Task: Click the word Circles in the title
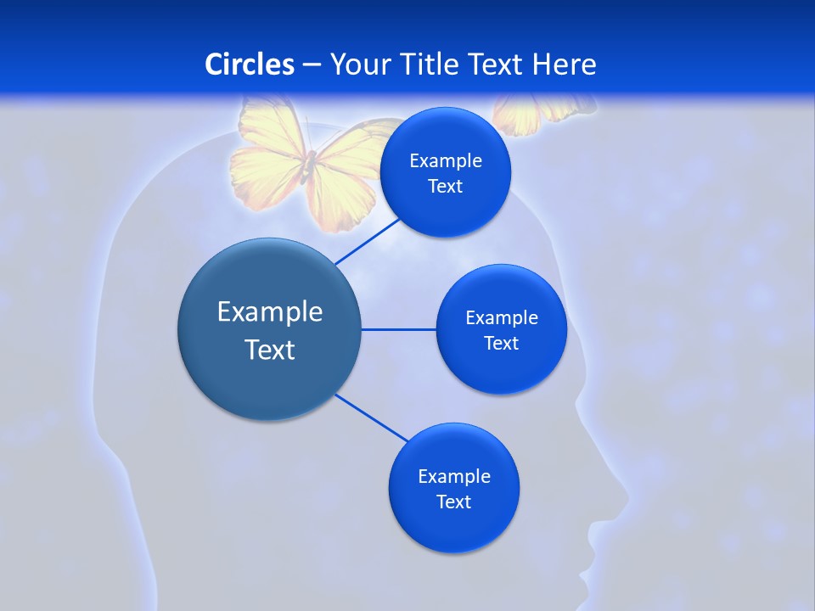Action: pyautogui.click(x=250, y=64)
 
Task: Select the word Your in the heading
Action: pyautogui.click(x=359, y=64)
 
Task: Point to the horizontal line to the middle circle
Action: pyautogui.click(x=399, y=329)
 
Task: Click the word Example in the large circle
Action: pyautogui.click(x=270, y=312)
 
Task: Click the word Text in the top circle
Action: pyautogui.click(x=445, y=187)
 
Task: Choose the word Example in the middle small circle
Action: pyautogui.click(x=502, y=318)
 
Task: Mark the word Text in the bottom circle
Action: pyautogui.click(x=453, y=502)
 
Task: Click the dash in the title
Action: pyautogui.click(x=312, y=64)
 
